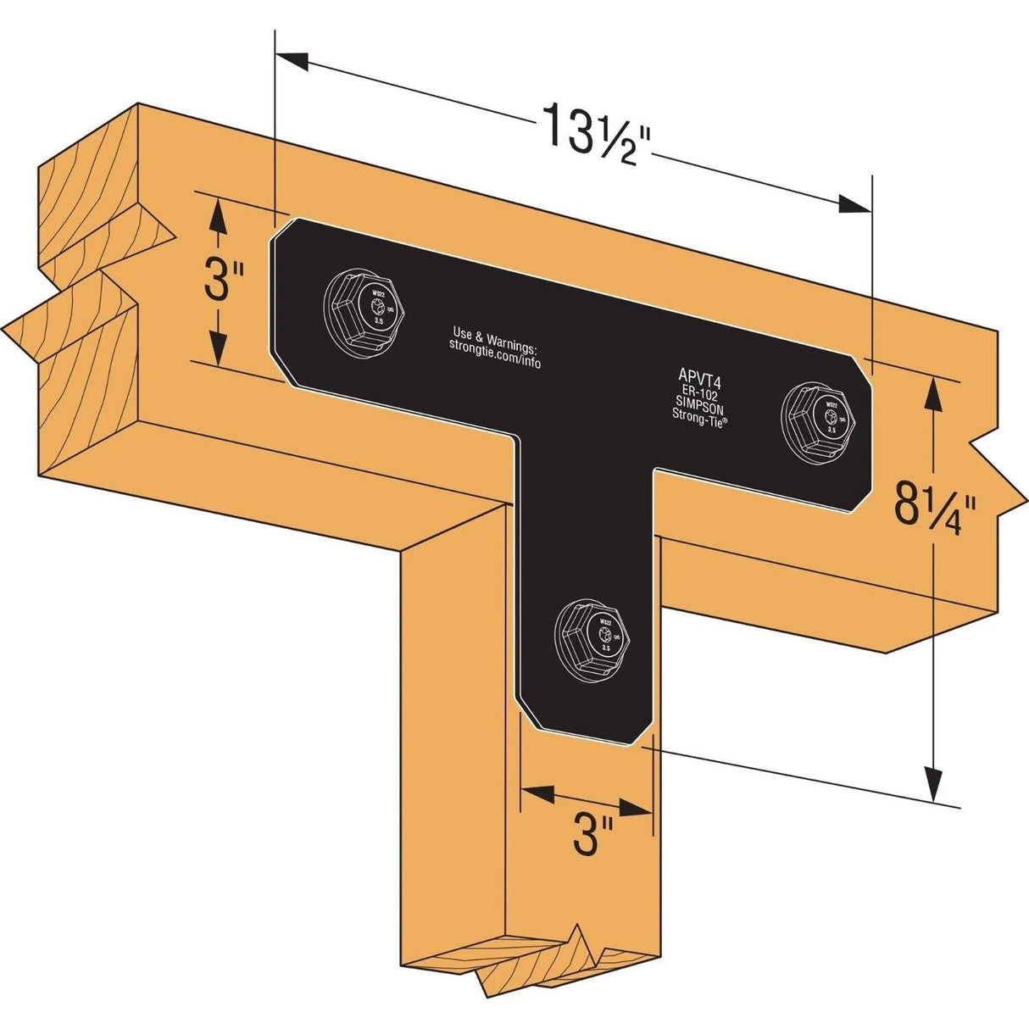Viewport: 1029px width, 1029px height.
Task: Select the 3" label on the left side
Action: [224, 282]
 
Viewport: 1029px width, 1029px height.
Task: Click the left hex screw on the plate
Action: [368, 309]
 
